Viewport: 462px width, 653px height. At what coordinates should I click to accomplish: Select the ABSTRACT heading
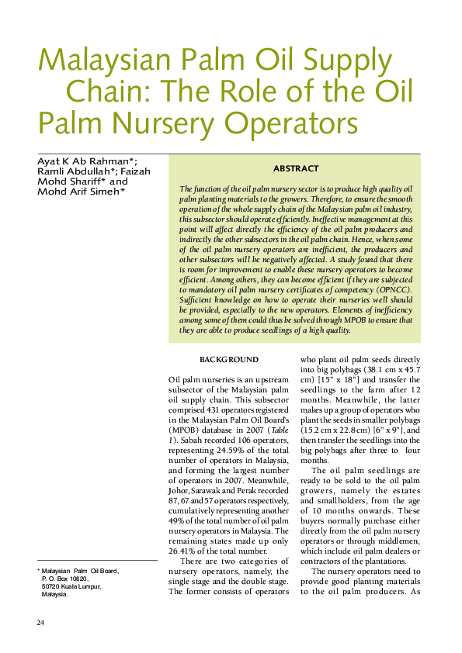click(295, 168)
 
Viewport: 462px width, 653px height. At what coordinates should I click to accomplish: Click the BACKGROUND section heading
click(229, 361)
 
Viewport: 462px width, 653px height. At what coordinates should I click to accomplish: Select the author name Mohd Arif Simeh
click(81, 192)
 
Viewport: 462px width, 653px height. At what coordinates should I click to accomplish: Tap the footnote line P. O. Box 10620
click(66, 579)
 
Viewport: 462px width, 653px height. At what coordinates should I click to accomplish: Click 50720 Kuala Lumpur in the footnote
click(74, 586)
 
